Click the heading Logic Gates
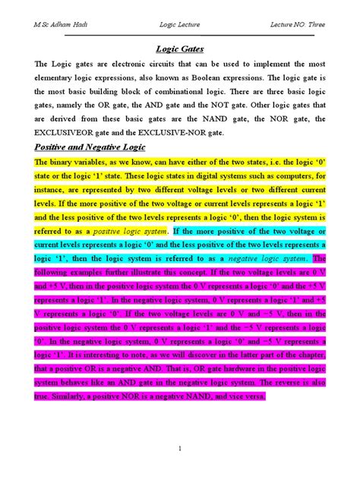click(179, 49)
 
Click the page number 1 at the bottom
click(179, 449)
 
